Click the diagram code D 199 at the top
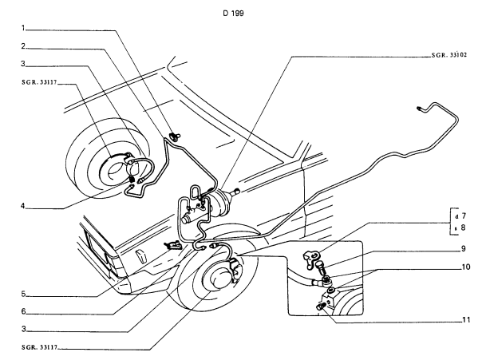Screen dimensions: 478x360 [x=233, y=13]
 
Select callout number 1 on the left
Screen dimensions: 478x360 [x=23, y=28]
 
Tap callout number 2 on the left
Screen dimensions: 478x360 [x=23, y=46]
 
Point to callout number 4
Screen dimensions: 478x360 [x=23, y=206]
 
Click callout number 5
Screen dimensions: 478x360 [x=23, y=295]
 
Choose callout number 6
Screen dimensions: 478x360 [x=23, y=311]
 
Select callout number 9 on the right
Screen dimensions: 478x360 [x=464, y=248]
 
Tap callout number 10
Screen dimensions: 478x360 [x=466, y=267]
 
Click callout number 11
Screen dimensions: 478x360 [x=466, y=320]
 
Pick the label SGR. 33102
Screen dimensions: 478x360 [x=449, y=55]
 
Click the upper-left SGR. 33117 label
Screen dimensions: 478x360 [x=39, y=82]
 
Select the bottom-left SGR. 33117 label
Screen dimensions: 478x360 [x=39, y=347]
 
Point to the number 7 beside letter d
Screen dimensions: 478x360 [x=464, y=216]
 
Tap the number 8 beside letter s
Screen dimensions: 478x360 [x=464, y=227]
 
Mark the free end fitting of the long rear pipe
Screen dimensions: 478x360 [x=419, y=108]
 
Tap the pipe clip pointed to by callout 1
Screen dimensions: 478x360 [x=176, y=136]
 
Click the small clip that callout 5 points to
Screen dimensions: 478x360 [x=173, y=245]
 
